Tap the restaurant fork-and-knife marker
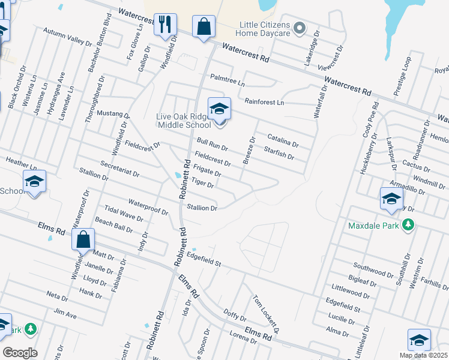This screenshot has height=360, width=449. (164, 25)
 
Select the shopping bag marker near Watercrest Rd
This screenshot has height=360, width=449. (203, 27)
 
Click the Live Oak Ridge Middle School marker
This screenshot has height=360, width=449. (219, 110)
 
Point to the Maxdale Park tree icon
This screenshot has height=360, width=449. (408, 225)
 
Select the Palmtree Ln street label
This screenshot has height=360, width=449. (228, 78)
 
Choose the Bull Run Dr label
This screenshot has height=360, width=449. (212, 145)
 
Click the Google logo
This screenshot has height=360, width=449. (20, 353)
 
